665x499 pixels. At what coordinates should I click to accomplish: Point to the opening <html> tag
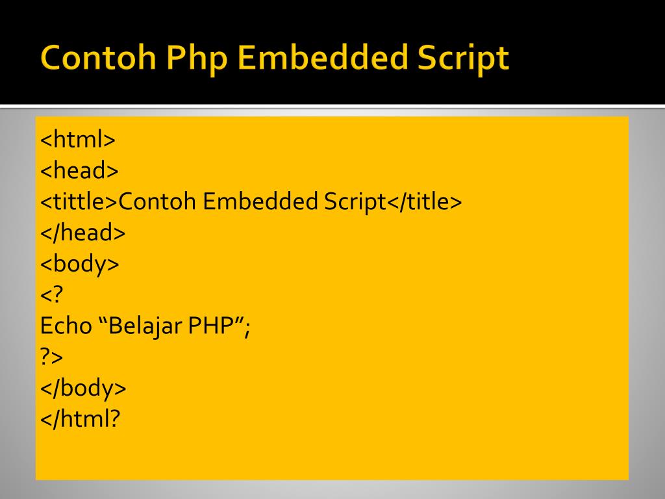click(78, 140)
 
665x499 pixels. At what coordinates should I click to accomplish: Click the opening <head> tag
click(79, 171)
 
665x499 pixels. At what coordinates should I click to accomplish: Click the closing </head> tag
click(82, 233)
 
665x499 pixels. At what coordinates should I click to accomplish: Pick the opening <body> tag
click(80, 264)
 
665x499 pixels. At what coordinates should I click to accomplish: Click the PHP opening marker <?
click(53, 295)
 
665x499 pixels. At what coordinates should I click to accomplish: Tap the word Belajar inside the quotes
click(145, 326)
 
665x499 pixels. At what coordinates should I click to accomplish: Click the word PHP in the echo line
click(211, 326)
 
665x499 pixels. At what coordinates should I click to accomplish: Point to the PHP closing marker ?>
click(53, 357)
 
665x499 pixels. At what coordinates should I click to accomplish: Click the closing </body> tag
click(83, 389)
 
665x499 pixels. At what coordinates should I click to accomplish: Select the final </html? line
click(81, 419)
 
